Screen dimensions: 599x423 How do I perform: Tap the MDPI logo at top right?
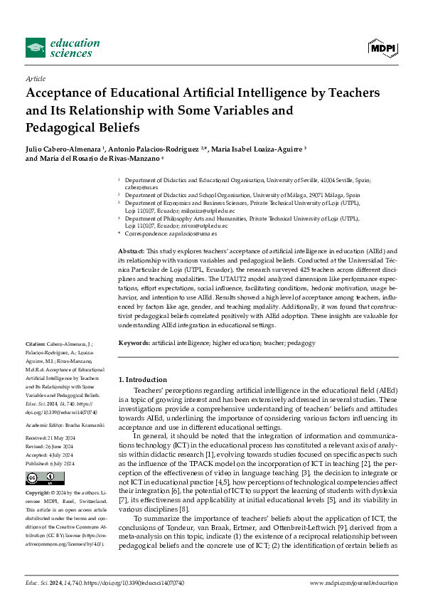[382, 48]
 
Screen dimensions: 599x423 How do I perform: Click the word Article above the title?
[36, 79]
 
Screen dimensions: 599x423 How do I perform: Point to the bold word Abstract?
[131, 252]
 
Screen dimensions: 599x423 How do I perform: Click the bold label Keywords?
[134, 343]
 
